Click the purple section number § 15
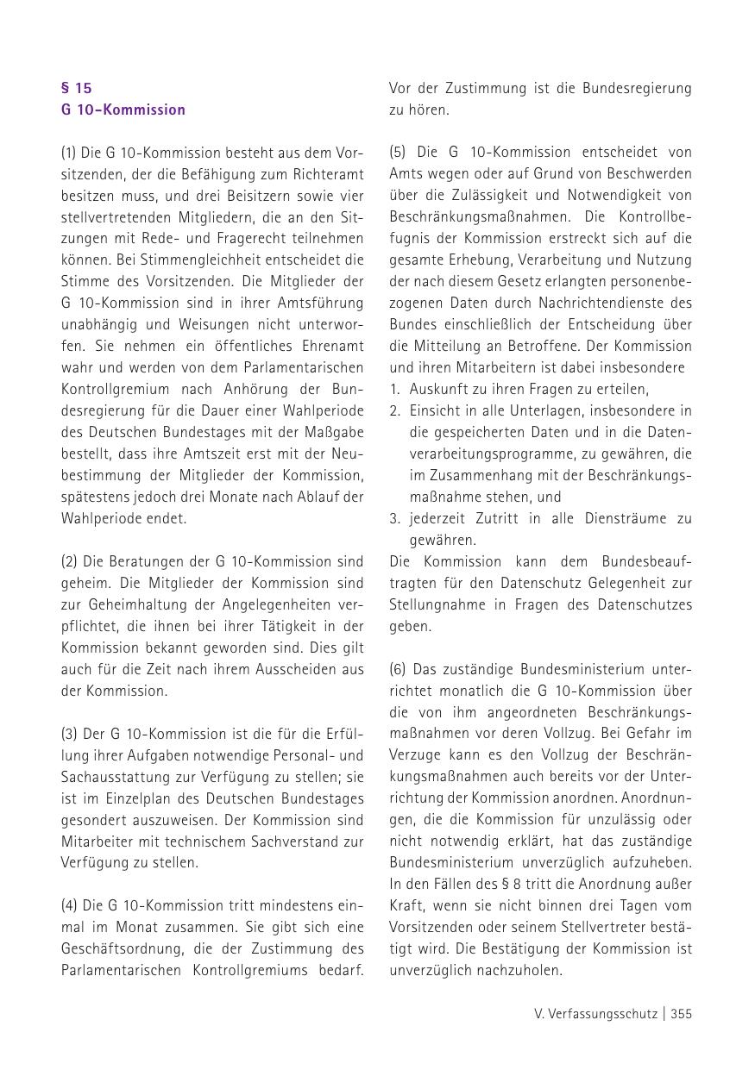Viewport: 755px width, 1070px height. click(x=76, y=88)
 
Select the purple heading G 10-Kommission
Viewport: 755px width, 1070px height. click(x=123, y=110)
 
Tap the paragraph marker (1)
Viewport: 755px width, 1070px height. click(x=68, y=153)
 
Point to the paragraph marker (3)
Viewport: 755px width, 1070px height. click(x=69, y=734)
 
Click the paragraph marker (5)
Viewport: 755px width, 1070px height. click(x=397, y=153)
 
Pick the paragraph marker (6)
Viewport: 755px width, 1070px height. click(x=397, y=669)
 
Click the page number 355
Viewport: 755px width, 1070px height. click(x=681, y=1014)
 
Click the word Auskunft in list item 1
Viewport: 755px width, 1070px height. click(x=436, y=389)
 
